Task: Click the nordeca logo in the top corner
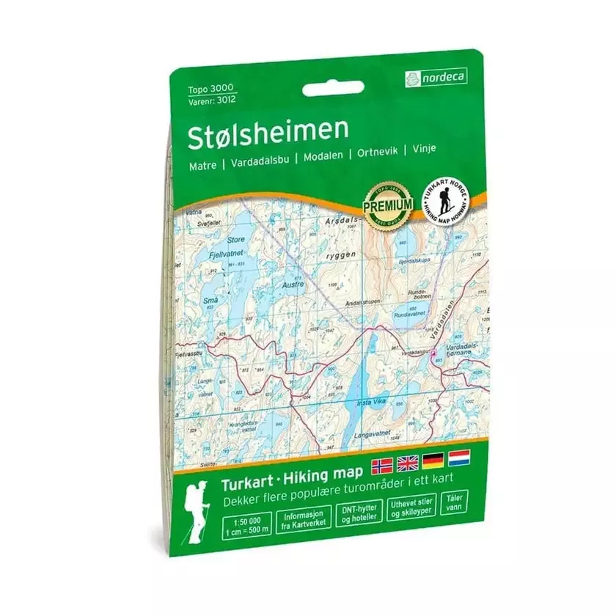point(435,76)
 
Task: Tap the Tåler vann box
point(452,506)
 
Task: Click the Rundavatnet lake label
point(410,314)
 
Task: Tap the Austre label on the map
point(293,281)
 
